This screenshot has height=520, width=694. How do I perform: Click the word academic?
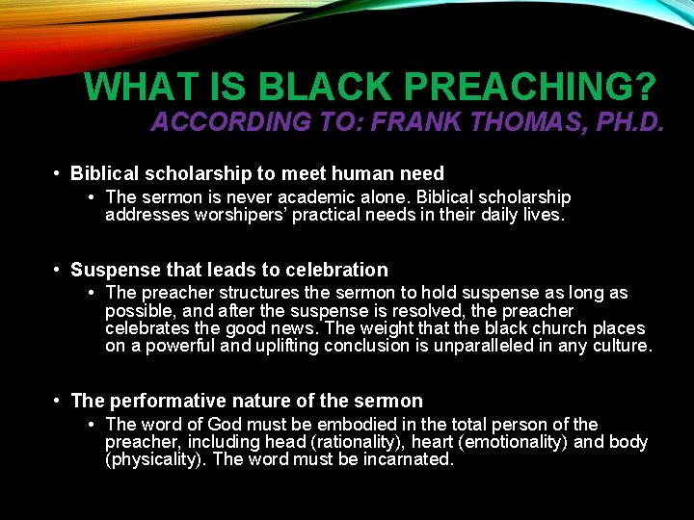(x=325, y=197)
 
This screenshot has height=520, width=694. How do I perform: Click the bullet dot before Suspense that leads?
(x=59, y=271)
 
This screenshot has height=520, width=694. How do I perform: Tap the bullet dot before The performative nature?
(x=59, y=401)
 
